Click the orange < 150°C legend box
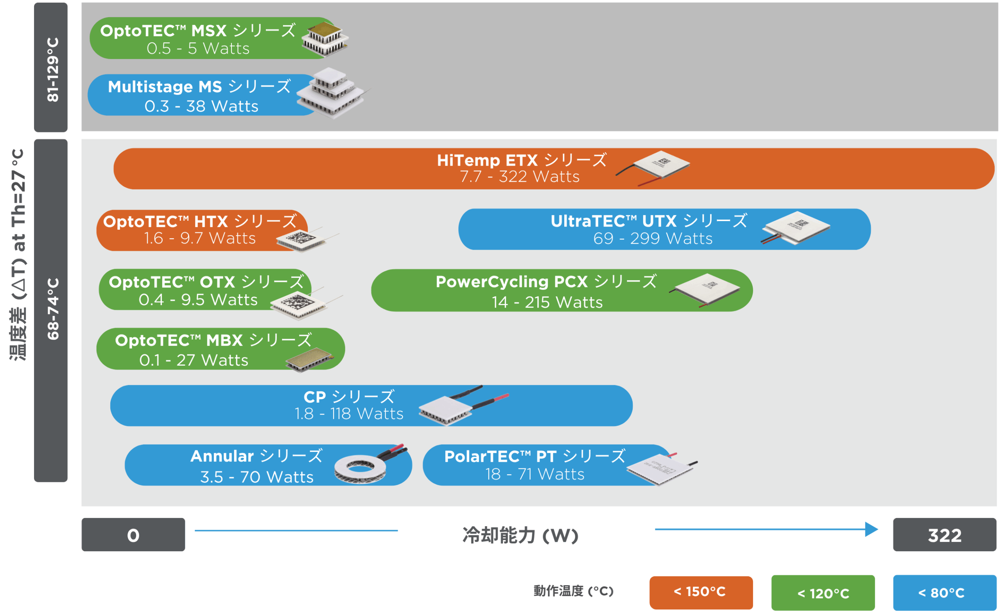[701, 592]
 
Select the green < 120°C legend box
[823, 593]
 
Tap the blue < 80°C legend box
[945, 593]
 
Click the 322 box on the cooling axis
[945, 535]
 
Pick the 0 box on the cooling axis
[133, 535]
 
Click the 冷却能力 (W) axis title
[520, 535]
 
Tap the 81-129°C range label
[52, 69]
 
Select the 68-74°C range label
[52, 309]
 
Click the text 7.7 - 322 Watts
[520, 177]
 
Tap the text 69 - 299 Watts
[653, 239]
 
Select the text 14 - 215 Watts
[547, 302]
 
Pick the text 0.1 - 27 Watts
[194, 361]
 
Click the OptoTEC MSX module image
[325, 39]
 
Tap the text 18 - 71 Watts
[535, 474]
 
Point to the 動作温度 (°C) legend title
[573, 591]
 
